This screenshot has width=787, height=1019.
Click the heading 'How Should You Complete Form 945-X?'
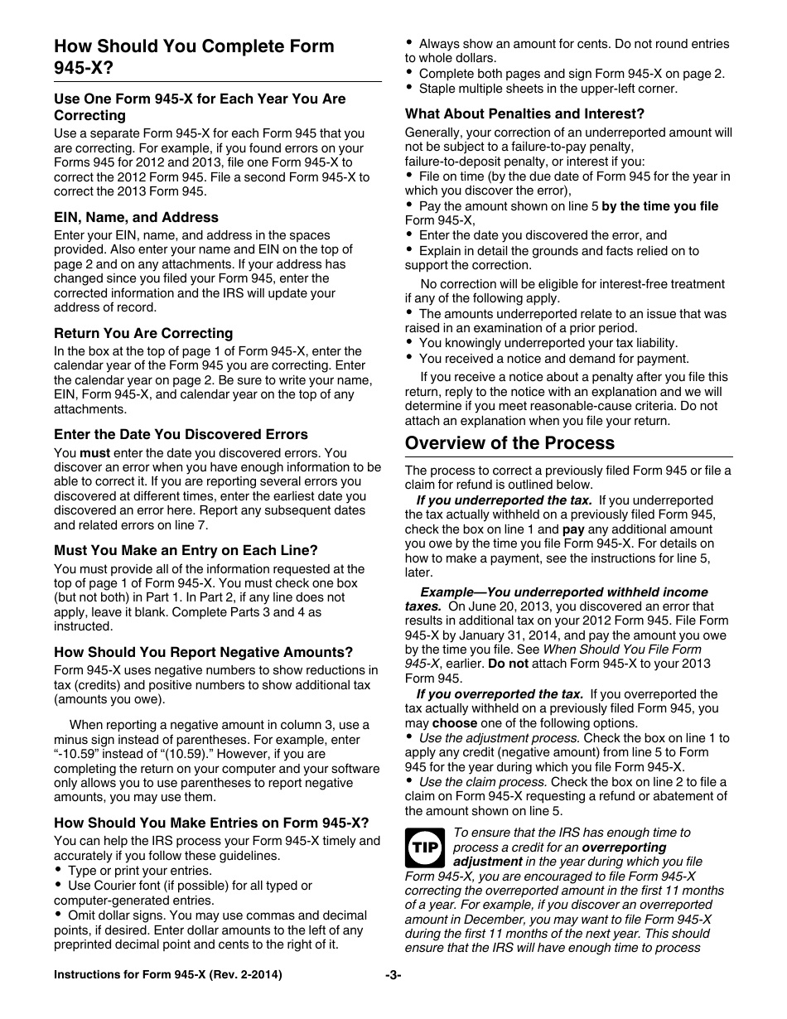(194, 57)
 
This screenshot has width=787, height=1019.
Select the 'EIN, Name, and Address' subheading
(136, 217)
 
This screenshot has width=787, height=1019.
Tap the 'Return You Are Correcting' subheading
(143, 333)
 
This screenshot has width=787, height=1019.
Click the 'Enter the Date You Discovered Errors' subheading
(181, 434)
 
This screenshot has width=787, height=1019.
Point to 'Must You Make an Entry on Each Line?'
(186, 550)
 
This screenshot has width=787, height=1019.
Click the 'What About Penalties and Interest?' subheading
(524, 113)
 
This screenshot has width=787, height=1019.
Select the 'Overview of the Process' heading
(509, 442)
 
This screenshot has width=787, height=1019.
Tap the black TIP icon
(424, 848)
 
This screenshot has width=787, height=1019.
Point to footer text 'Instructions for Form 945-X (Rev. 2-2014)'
(168, 975)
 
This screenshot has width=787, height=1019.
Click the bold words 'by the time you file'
(659, 206)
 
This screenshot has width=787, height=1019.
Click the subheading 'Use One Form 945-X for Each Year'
(200, 107)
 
